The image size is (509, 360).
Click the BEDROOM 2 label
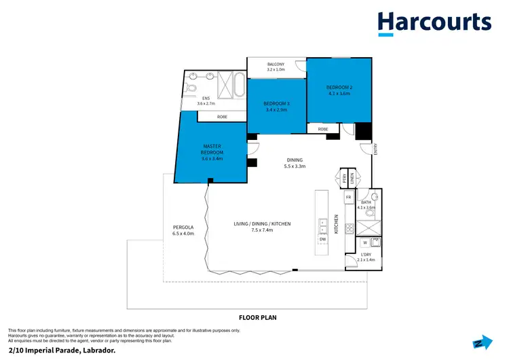point(339,88)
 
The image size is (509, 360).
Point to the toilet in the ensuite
point(191,88)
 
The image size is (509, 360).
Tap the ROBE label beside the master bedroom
point(222,117)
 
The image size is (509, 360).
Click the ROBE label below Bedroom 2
point(323,128)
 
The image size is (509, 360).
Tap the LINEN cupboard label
point(352,178)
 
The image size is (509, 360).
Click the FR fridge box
point(349,197)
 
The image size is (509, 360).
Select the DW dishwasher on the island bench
point(322,239)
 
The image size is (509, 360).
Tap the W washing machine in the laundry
point(364,241)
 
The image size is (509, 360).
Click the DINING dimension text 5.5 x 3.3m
point(295,166)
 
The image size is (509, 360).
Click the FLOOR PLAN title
point(257,317)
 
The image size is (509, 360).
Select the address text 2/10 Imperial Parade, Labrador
point(57,349)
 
